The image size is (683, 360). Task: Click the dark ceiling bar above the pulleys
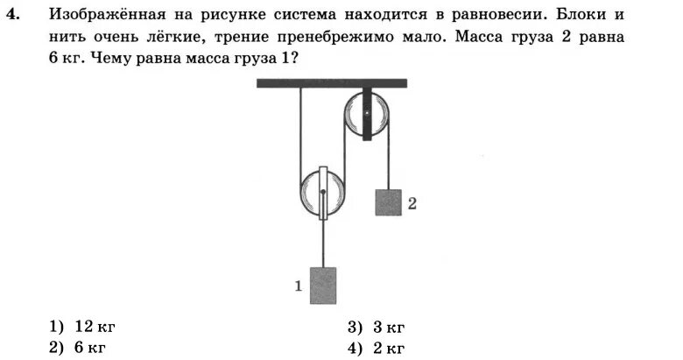point(332,83)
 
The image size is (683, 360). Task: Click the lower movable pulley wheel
point(323,194)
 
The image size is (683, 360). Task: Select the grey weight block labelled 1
point(323,286)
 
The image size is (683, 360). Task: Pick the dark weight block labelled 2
point(388,202)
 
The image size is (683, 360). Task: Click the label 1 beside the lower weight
point(299,285)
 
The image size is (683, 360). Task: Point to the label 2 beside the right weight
point(412,203)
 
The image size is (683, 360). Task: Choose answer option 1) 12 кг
point(82,327)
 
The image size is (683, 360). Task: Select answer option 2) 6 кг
point(78,348)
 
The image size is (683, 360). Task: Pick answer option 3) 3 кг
point(377,328)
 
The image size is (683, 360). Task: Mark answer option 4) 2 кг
point(377,349)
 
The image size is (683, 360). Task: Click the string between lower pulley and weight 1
point(323,245)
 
